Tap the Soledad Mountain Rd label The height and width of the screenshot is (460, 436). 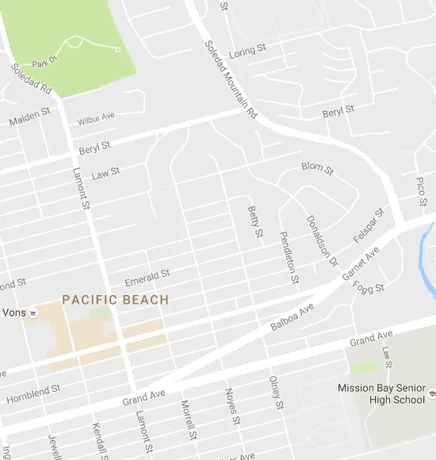point(231,80)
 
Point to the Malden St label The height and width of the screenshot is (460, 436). point(29,119)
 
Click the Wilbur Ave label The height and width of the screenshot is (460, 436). point(96,119)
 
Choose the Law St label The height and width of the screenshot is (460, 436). point(105,172)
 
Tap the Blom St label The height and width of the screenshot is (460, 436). point(317,168)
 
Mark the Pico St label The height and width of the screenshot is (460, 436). point(421,190)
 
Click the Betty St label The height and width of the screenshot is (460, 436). point(254,222)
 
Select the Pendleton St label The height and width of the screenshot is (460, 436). point(289,258)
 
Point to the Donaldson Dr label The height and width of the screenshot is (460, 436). point(322,239)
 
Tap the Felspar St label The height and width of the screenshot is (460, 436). point(368,225)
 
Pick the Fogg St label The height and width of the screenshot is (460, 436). point(369,286)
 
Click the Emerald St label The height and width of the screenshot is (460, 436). point(147,278)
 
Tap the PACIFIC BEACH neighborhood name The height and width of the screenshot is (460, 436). point(116,300)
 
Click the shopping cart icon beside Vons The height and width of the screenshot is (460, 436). point(33,313)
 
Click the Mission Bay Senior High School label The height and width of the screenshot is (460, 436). point(381,394)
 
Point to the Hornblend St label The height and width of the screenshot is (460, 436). point(34,395)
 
